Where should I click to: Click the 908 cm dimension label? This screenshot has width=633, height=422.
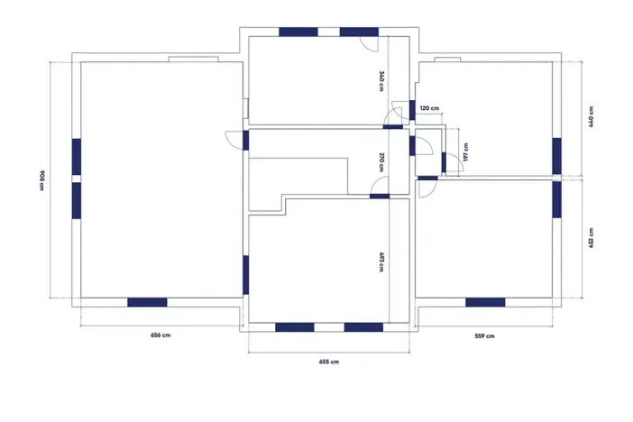point(42,180)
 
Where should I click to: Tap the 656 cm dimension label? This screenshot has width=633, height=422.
point(161,335)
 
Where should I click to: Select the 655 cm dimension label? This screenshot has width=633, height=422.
point(329,362)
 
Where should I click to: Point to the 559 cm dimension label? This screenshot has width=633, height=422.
point(484,336)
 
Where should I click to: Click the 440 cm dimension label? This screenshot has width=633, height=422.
point(591,117)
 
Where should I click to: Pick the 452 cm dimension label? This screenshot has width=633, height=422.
point(591,238)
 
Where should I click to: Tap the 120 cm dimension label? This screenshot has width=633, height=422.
point(429,108)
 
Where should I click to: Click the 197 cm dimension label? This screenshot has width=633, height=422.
point(466,152)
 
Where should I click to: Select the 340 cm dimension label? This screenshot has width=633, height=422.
point(381,81)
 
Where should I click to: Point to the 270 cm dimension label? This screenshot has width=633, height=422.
point(381,162)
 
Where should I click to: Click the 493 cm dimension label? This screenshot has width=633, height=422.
point(381,262)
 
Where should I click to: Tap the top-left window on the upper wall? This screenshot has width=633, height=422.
point(298,32)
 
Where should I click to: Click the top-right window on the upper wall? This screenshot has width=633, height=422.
point(359,32)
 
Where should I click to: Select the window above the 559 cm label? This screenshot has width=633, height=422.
point(485,302)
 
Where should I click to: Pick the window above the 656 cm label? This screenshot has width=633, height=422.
point(147,302)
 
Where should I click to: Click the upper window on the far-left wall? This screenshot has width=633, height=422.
point(77,157)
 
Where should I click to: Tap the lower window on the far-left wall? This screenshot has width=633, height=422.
point(77,201)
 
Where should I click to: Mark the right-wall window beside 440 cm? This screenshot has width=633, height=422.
point(556,156)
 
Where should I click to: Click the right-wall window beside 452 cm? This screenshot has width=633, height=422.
point(556,199)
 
